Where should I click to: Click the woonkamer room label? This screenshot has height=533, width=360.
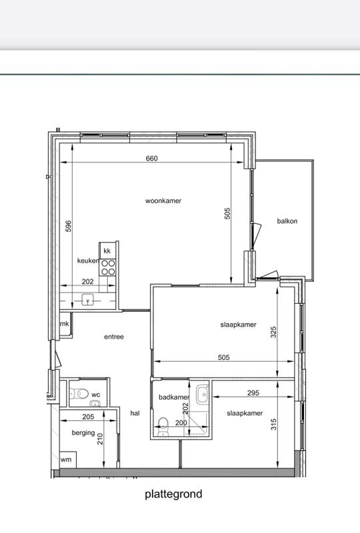point(163,201)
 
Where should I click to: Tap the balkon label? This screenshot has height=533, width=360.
point(287,221)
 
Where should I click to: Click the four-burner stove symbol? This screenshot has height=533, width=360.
point(108,266)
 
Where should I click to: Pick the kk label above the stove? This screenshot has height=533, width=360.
point(107,251)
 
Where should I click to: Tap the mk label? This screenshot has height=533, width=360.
point(65,324)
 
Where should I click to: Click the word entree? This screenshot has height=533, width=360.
point(114,337)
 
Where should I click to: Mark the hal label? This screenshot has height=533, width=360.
point(135,413)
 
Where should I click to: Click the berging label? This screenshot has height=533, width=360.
point(83,432)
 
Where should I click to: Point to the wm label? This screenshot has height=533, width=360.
point(66,460)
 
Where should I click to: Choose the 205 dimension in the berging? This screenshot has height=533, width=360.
point(87,417)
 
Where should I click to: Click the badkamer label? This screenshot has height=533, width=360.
point(174,398)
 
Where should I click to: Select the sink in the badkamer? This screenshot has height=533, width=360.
point(202,393)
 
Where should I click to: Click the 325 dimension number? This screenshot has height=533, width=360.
point(273,332)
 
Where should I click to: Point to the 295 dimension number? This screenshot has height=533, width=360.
point(252,394)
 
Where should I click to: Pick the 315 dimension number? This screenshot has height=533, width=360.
point(273,424)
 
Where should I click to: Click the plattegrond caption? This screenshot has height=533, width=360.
point(173,494)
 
